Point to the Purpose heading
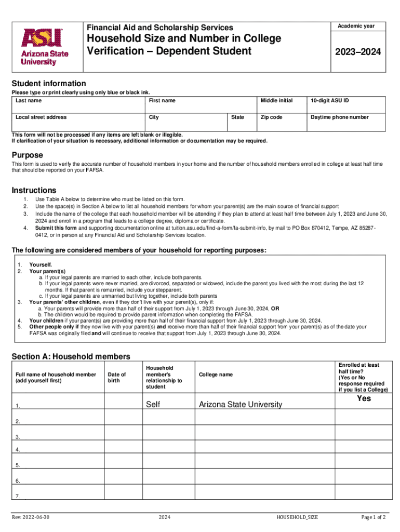tap(28, 155)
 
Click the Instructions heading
tap(34, 190)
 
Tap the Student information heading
tap(49, 84)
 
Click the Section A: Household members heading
tap(71, 356)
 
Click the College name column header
tap(216, 375)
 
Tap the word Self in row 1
tap(153, 404)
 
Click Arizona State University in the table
tap(240, 404)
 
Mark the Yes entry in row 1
tap(364, 398)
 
